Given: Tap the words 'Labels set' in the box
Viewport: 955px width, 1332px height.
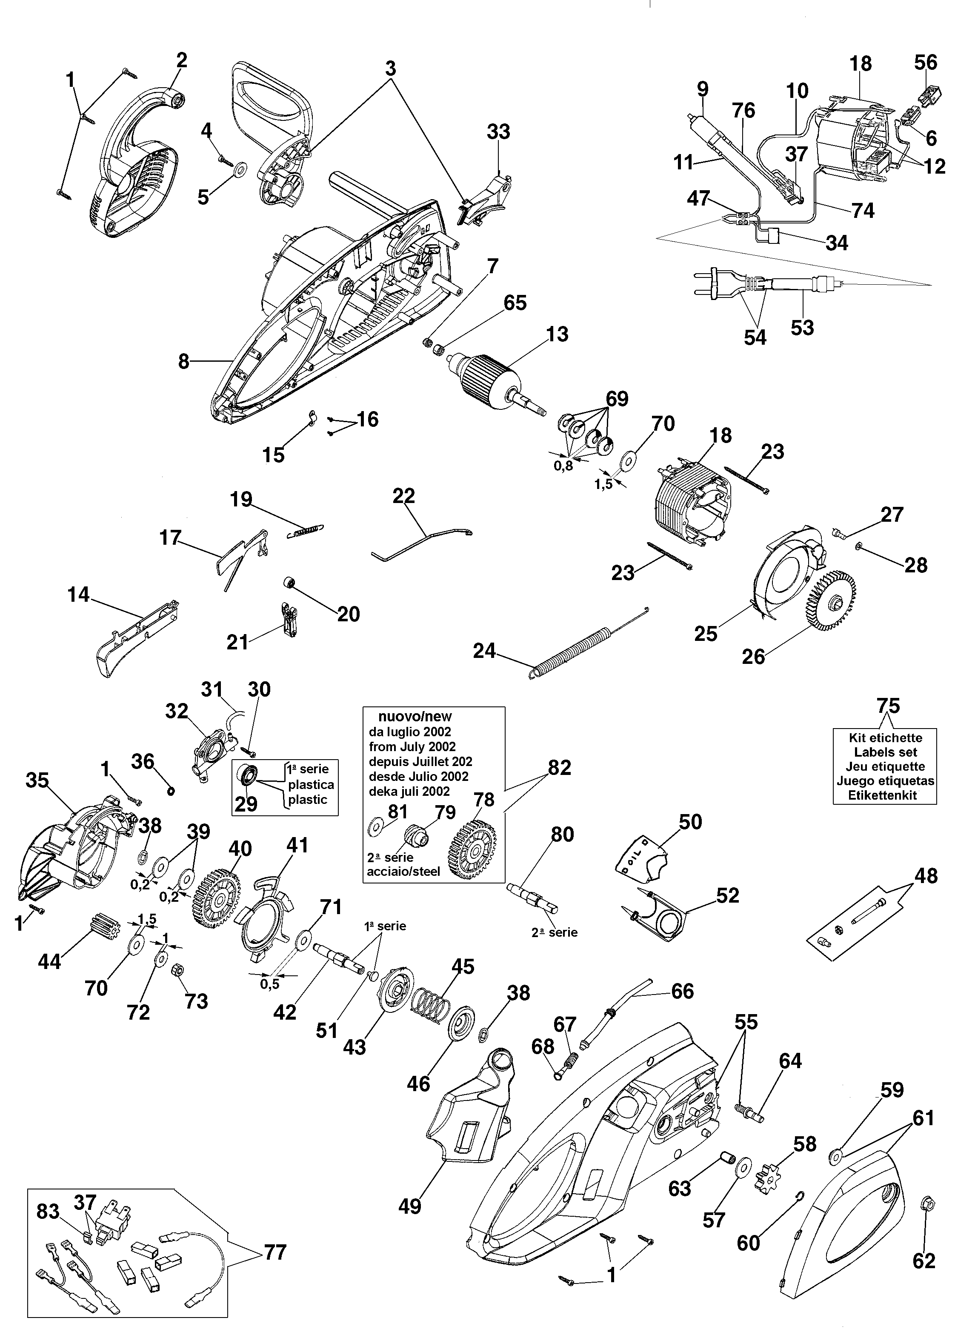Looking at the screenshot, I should click(x=885, y=752).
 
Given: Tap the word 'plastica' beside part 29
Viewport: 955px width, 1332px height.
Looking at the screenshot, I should click(x=311, y=785).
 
